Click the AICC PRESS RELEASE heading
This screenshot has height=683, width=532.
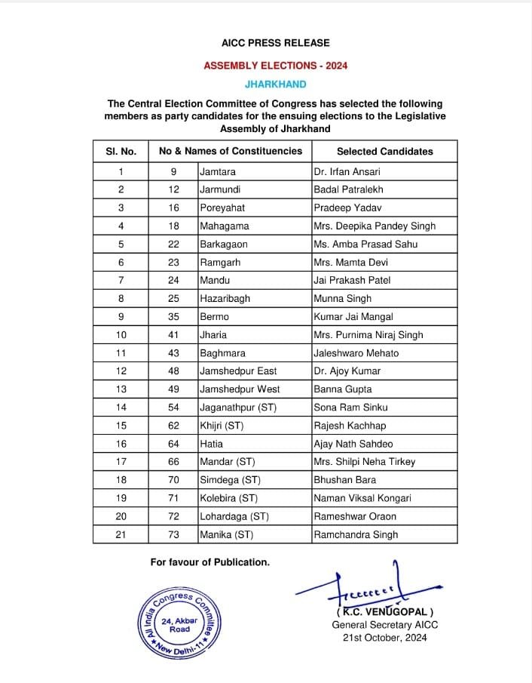pos(275,43)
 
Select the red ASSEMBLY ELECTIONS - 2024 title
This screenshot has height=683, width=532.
pos(275,66)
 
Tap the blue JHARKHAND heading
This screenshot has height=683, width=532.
pos(275,85)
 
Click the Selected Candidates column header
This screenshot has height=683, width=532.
pos(384,151)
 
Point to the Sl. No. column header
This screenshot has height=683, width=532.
pos(121,151)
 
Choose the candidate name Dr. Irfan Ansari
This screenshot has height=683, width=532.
pos(349,172)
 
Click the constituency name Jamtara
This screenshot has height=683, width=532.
pos(218,172)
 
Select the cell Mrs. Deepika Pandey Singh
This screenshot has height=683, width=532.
pos(375,226)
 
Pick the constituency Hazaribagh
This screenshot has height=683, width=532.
pos(225,298)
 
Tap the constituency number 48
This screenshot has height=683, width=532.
pos(173,371)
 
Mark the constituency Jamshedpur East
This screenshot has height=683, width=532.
pos(238,371)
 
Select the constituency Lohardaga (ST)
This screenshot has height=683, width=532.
pos(234,516)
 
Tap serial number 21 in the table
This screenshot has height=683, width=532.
pos(121,534)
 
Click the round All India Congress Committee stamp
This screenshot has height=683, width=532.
pos(179,623)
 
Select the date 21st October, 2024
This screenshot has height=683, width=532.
pos(384,638)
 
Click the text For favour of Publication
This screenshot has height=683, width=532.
pos(209,561)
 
